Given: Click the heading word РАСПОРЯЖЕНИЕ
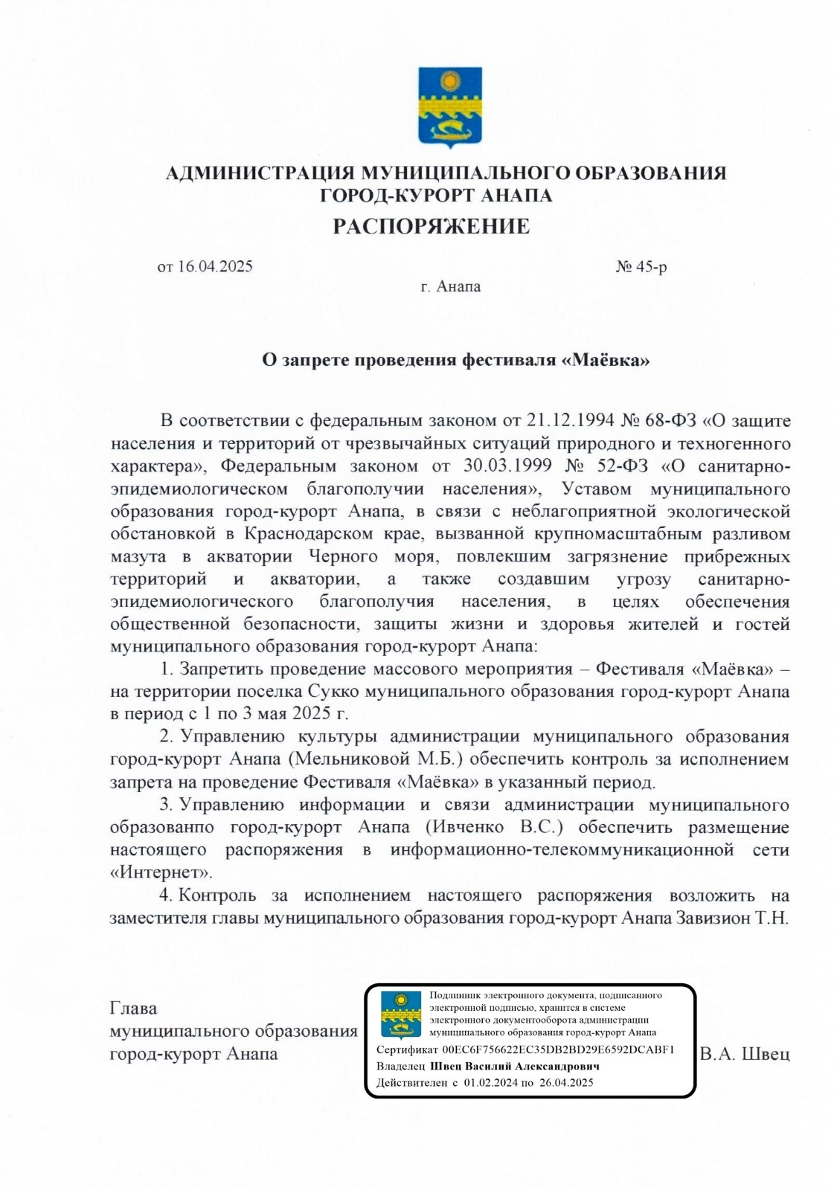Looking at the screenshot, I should point(431,226).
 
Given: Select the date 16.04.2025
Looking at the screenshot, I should point(214,266).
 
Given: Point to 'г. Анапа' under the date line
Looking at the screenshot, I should point(450,286).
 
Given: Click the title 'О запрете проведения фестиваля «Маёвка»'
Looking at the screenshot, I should point(456,361).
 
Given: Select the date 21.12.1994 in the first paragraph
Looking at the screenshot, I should point(570,421).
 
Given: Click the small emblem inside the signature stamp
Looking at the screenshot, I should point(401,1013).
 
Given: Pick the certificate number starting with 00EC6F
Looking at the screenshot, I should point(557,1049).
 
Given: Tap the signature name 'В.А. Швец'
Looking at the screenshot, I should point(744,1054).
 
